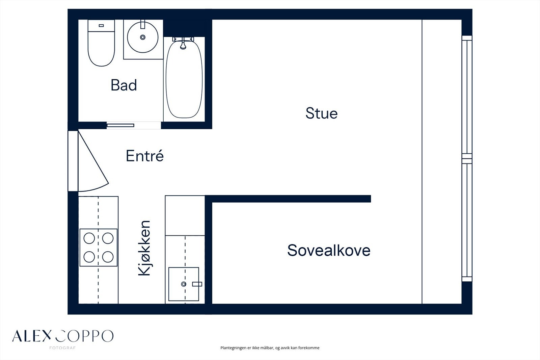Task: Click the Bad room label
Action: pyautogui.click(x=124, y=85)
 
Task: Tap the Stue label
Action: pyautogui.click(x=321, y=113)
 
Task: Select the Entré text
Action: pyautogui.click(x=145, y=156)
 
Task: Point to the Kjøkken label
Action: pyautogui.click(x=144, y=248)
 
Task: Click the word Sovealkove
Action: pyautogui.click(x=329, y=250)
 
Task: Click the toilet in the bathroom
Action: pyautogui.click(x=101, y=43)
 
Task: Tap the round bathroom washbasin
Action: pyautogui.click(x=143, y=37)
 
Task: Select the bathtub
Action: pyautogui.click(x=184, y=79)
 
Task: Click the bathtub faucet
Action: pyautogui.click(x=183, y=44)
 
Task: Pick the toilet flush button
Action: pyautogui.click(x=101, y=26)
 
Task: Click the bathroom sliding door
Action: pyautogui.click(x=120, y=126)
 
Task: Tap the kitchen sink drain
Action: pyautogui.click(x=184, y=284)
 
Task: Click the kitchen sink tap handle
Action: pyautogui.click(x=197, y=284)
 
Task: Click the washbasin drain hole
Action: pyautogui.click(x=143, y=37)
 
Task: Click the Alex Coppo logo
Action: pyautogui.click(x=63, y=336)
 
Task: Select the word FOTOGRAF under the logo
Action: pyautogui.click(x=62, y=348)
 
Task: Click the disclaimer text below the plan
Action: pyautogui.click(x=270, y=348)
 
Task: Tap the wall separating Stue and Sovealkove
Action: pyautogui.click(x=288, y=199)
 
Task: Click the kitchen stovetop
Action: pyautogui.click(x=98, y=248)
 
